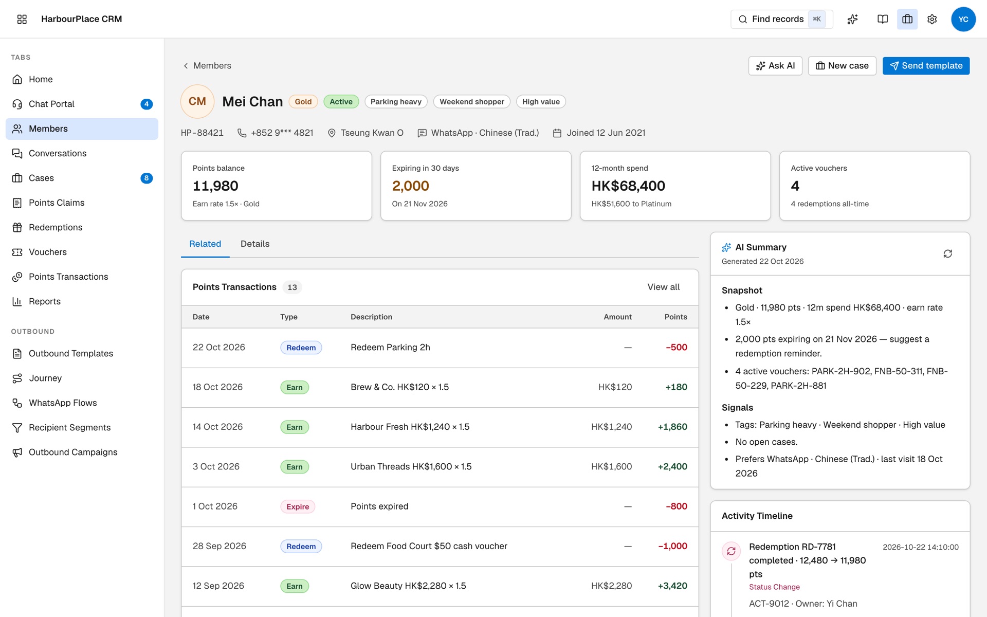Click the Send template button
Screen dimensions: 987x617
tap(926, 66)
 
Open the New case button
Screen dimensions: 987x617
tap(842, 66)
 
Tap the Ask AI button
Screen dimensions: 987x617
tap(775, 66)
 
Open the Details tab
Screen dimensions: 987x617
tap(255, 244)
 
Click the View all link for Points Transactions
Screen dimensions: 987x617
tap(663, 287)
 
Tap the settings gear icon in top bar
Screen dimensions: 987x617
tap(932, 19)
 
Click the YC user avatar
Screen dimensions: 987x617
tap(963, 19)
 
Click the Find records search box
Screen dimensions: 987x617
tap(781, 19)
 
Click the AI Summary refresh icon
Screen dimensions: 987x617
tap(948, 253)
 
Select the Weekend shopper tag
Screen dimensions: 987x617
tap(472, 102)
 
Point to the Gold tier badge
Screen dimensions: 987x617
tap(303, 102)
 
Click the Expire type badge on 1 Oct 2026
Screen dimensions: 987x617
tap(298, 506)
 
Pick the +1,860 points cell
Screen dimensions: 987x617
tap(672, 427)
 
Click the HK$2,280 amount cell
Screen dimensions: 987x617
tap(612, 586)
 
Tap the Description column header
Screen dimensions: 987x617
tap(371, 317)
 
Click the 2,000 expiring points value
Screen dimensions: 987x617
tap(410, 186)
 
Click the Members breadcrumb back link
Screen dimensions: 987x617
tap(207, 66)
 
